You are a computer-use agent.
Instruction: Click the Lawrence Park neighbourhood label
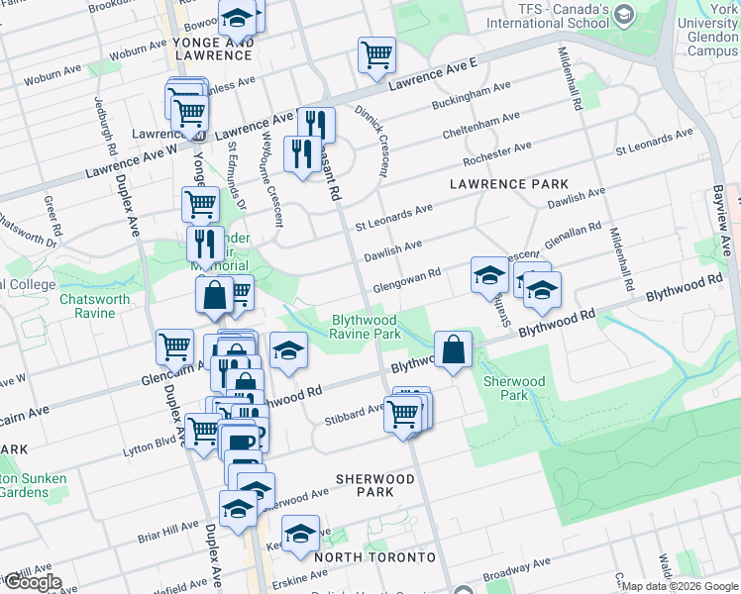coord(509,184)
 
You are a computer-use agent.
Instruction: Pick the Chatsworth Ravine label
coord(94,305)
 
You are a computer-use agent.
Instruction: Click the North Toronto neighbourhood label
coord(374,557)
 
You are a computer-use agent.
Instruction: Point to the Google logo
coord(32,582)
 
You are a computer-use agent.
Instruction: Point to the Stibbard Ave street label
coord(354,413)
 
